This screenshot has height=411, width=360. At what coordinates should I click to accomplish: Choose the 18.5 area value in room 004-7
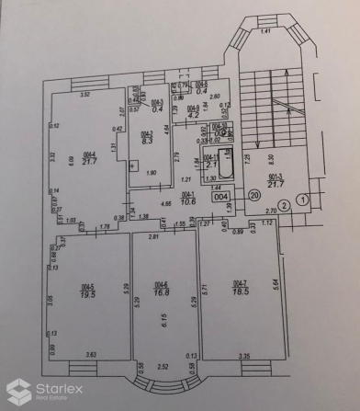241,290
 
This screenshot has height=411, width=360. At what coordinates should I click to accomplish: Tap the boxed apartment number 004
221,195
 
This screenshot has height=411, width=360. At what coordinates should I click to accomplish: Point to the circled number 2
285,205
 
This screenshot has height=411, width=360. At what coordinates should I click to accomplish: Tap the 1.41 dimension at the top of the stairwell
265,31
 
